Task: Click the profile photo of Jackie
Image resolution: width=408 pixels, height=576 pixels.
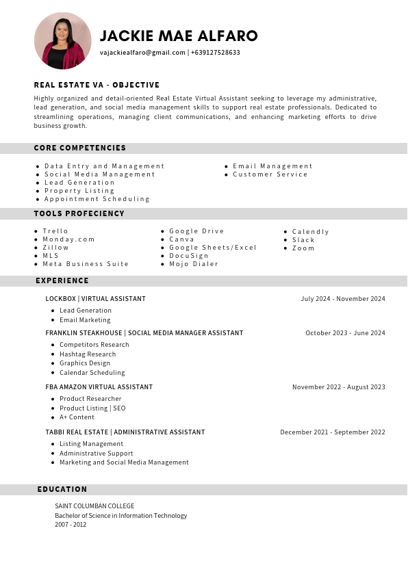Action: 62,41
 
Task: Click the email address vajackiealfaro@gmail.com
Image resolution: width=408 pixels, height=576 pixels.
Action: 142,53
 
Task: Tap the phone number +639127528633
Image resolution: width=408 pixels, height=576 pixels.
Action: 216,53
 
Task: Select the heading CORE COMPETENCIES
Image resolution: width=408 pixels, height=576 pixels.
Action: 80,148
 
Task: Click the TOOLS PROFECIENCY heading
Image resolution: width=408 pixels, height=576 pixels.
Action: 79,213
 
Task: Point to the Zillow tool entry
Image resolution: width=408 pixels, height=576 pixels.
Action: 55,248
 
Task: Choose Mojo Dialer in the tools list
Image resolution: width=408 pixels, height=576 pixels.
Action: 194,264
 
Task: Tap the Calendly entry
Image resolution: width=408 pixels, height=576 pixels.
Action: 310,232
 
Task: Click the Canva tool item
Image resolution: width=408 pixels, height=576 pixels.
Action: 181,239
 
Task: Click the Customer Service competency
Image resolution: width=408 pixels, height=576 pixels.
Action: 270,174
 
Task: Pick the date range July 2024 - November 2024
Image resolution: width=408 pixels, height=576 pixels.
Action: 343,299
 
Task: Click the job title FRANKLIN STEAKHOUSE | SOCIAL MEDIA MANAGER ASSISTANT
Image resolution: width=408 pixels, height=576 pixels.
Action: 144,333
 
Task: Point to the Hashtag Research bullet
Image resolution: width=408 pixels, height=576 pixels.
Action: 88,354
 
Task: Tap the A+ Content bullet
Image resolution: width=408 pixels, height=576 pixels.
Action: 77,417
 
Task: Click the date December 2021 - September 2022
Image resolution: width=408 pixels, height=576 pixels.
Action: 333,432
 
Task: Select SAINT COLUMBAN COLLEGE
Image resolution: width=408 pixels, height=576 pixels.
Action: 94,506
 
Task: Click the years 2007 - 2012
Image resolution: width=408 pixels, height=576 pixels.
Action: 71,525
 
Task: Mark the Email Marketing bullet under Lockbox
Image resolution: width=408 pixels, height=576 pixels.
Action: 85,320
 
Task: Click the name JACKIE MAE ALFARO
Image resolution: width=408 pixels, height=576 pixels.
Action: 179,36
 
